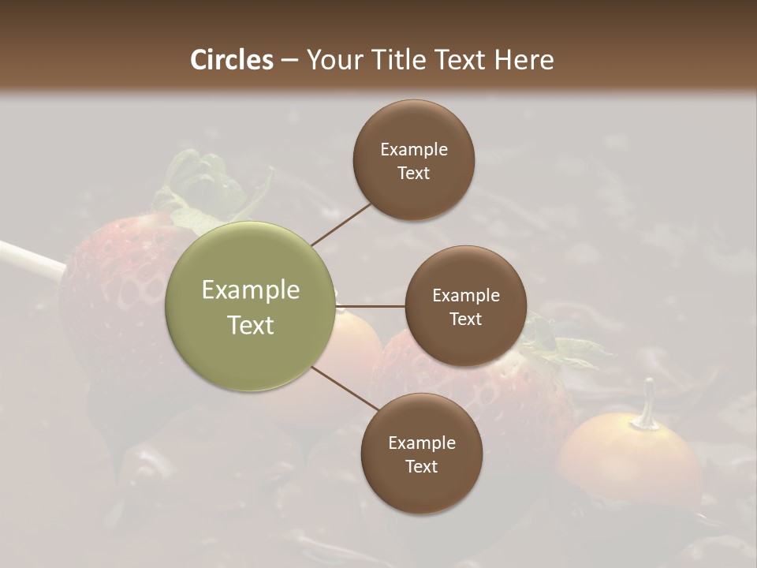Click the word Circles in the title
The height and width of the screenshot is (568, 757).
[x=231, y=60]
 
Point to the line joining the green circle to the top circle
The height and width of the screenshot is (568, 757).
[x=341, y=224]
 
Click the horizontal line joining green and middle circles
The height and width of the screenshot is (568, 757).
[x=371, y=306]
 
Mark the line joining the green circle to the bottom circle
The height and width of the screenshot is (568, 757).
[x=345, y=389]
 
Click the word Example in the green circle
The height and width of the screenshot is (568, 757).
[x=251, y=290]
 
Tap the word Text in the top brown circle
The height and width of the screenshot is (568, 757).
[x=413, y=173]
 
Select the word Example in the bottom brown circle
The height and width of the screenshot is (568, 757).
[x=421, y=443]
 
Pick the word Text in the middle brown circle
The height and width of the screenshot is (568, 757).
[x=465, y=319]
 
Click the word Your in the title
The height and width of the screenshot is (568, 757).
[x=332, y=60]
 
